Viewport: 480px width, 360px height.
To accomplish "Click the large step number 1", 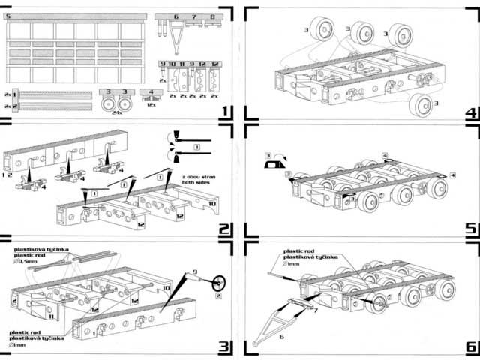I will [224, 112].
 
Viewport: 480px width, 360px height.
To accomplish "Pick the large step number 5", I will [471, 229].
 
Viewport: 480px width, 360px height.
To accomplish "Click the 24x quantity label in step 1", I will [116, 112].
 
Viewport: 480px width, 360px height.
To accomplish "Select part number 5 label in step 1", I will [8, 16].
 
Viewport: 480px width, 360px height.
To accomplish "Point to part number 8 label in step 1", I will [212, 16].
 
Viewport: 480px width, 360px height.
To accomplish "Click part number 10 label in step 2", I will [212, 202].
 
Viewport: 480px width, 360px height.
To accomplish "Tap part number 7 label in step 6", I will [316, 309].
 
